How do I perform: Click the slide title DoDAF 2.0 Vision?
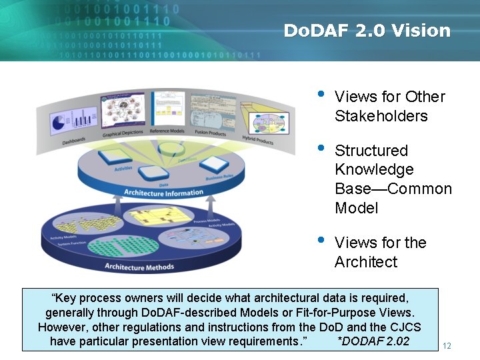coord(367,31)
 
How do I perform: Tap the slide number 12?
coord(447,345)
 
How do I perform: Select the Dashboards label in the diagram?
coord(74,141)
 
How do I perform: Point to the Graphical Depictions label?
coord(123,133)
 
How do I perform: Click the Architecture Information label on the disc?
coord(164,193)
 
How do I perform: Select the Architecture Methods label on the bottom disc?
coord(139,267)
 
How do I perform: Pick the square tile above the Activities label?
coord(114,155)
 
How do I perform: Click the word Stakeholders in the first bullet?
coord(381,116)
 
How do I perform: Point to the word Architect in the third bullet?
coord(365,262)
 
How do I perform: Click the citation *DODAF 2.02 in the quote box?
coord(373,341)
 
